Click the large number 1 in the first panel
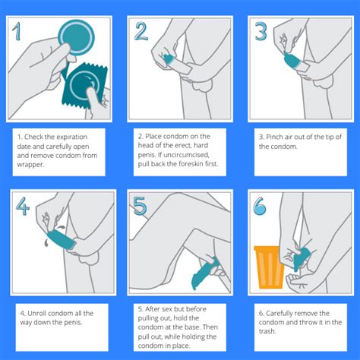click(x=17, y=31)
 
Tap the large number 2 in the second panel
click(x=141, y=31)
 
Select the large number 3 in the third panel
click(x=261, y=31)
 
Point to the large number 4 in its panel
click(x=23, y=206)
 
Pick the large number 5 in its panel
click(x=140, y=206)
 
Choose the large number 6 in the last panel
click(x=260, y=206)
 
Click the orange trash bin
click(x=270, y=267)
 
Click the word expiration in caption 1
click(x=71, y=137)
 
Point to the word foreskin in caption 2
click(x=191, y=164)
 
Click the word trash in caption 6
click(x=267, y=331)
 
